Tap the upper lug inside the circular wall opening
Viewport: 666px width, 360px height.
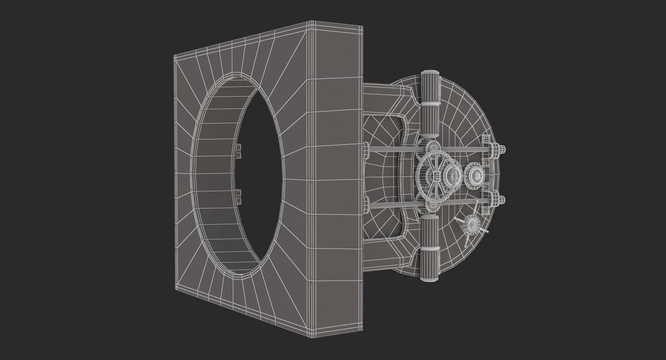point(238,151)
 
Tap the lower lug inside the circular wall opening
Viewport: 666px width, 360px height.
point(238,197)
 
